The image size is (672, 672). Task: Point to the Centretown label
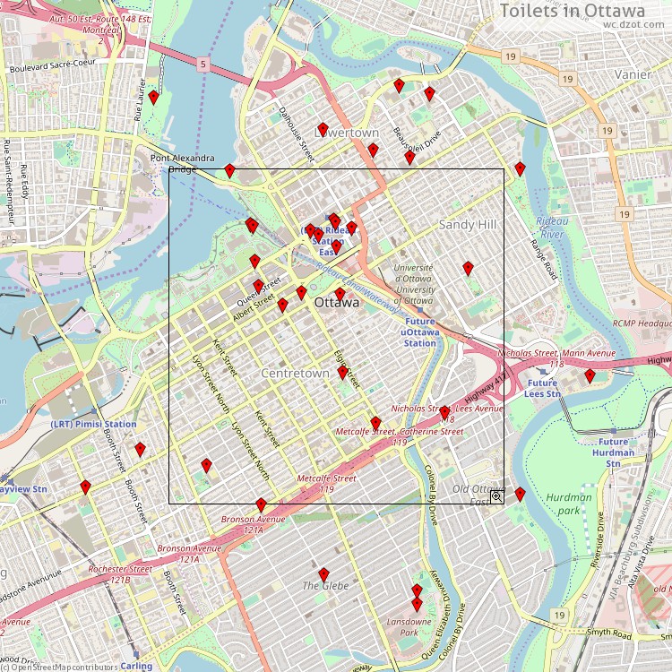(x=295, y=372)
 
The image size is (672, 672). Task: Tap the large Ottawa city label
(x=337, y=304)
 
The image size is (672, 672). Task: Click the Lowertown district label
(x=347, y=133)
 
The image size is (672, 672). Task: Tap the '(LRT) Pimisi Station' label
(x=93, y=424)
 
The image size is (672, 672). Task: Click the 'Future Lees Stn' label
(x=541, y=388)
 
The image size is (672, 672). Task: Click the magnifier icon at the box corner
(x=495, y=495)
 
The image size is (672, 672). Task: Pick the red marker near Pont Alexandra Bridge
(x=229, y=170)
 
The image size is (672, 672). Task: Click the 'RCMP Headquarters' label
(x=642, y=323)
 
